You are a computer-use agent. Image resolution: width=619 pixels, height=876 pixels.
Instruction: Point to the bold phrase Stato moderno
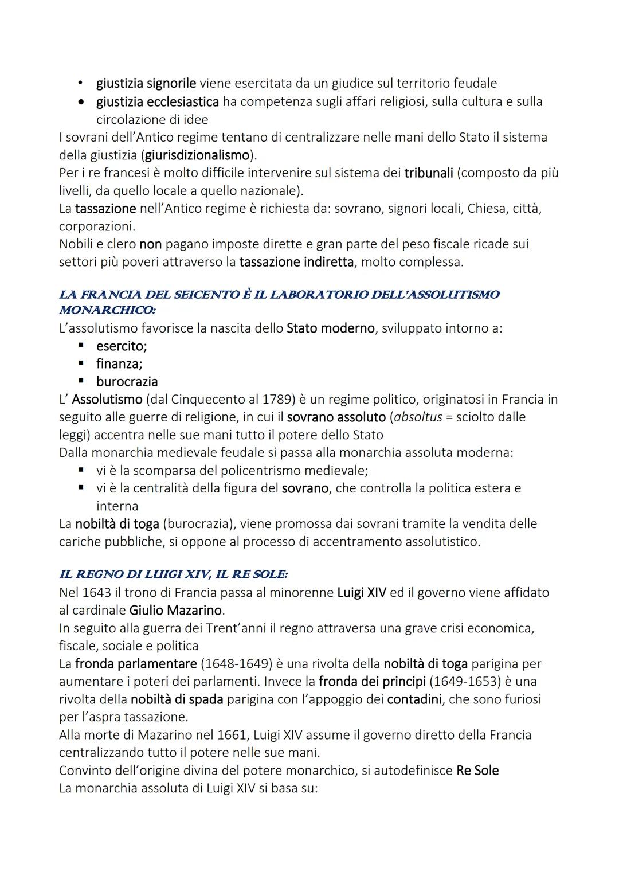[x=330, y=328]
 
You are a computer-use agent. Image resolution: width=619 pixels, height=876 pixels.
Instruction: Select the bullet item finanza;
[x=119, y=364]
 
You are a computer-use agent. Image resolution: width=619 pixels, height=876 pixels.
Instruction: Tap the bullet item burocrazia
[x=127, y=382]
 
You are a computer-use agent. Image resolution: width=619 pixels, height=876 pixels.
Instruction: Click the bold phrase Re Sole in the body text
[x=477, y=771]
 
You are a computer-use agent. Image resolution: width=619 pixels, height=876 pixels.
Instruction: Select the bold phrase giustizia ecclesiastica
[x=158, y=101]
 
